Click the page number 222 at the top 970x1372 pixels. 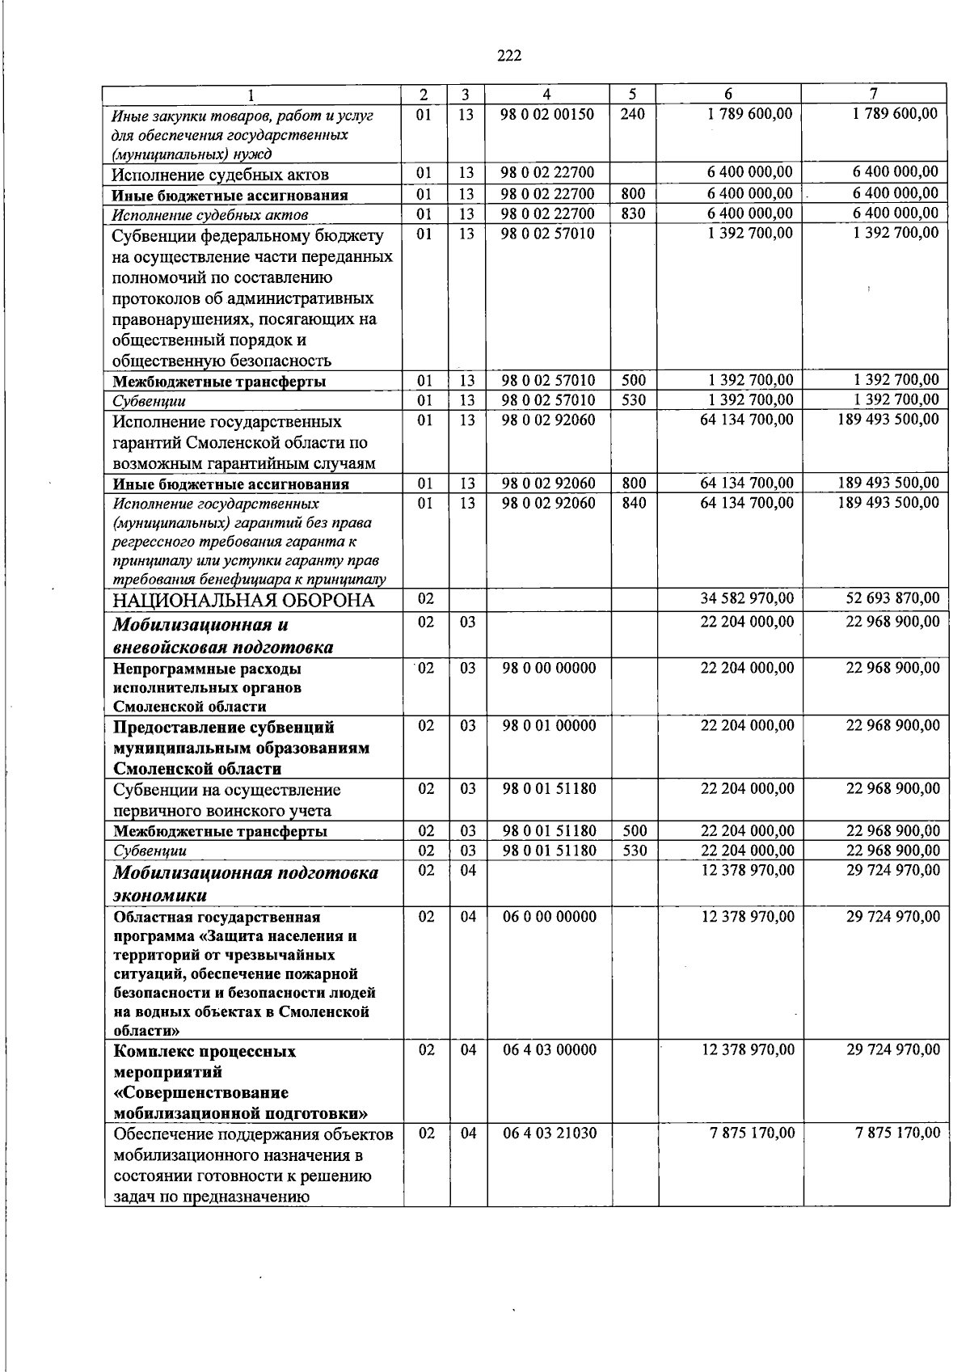pyautogui.click(x=508, y=56)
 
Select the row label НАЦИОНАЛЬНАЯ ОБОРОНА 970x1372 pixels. pyautogui.click(x=243, y=601)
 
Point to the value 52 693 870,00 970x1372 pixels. pyautogui.click(x=893, y=599)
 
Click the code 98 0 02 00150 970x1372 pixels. pyautogui.click(x=546, y=115)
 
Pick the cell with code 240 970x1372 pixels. pyautogui.click(x=632, y=115)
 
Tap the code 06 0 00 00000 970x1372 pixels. pyautogui.click(x=550, y=917)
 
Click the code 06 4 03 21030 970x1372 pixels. pyautogui.click(x=550, y=1133)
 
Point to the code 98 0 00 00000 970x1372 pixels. pyautogui.click(x=550, y=669)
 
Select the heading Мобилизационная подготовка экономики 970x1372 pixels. pyautogui.click(x=245, y=884)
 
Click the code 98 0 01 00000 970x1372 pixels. pyautogui.click(x=550, y=726)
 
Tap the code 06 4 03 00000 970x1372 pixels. pyautogui.click(x=550, y=1050)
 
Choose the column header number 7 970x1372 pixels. pyautogui.click(x=874, y=94)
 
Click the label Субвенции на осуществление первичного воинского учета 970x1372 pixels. pyautogui.click(x=227, y=800)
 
